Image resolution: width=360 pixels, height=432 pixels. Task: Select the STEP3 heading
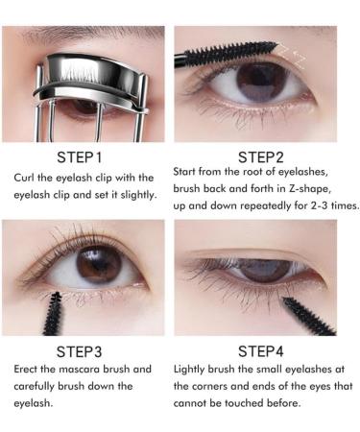click(85, 350)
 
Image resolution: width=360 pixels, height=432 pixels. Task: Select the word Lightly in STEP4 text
click(193, 369)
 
